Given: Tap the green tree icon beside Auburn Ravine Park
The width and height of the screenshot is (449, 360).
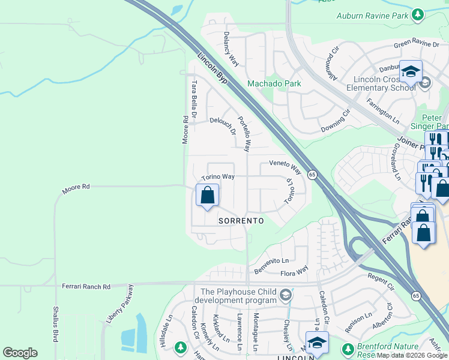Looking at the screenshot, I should (x=418, y=14).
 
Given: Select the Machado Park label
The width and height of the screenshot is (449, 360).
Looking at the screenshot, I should (x=274, y=83).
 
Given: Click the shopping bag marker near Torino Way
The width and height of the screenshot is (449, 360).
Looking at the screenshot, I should (x=207, y=196).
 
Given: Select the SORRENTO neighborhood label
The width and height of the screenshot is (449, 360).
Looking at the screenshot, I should (x=241, y=221).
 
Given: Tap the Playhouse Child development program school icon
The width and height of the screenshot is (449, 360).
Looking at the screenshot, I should (x=286, y=294).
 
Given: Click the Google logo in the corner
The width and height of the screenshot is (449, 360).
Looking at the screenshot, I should (x=20, y=352).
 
